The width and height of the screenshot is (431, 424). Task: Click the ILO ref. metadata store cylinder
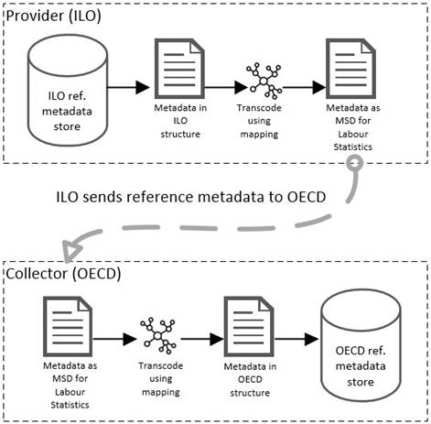pyautogui.click(x=68, y=90)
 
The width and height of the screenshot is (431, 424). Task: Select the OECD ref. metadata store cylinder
pyautogui.click(x=361, y=345)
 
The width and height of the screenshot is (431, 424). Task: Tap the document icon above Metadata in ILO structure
pyautogui.click(x=179, y=69)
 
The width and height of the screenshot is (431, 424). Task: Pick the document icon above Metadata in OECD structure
pyautogui.click(x=249, y=327)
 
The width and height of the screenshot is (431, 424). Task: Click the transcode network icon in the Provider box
pyautogui.click(x=264, y=81)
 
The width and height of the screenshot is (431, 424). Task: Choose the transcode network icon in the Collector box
pyautogui.click(x=157, y=336)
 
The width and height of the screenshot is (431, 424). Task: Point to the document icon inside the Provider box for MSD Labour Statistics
pyautogui.click(x=350, y=69)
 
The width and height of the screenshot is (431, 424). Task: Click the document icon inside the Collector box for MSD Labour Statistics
pyautogui.click(x=68, y=327)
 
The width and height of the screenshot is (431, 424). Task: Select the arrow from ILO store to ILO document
pyautogui.click(x=128, y=87)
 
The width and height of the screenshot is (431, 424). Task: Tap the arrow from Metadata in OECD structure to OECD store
pyautogui.click(x=296, y=339)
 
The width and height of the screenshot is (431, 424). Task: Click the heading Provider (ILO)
pyautogui.click(x=53, y=16)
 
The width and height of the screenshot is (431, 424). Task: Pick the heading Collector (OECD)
pyautogui.click(x=63, y=274)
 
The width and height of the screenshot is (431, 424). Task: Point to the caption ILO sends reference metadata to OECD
pyautogui.click(x=191, y=197)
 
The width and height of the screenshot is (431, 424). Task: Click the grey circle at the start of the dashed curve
pyautogui.click(x=355, y=163)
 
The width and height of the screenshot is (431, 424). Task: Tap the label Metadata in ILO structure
pyautogui.click(x=180, y=121)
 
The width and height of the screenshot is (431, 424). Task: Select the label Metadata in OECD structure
pyautogui.click(x=250, y=379)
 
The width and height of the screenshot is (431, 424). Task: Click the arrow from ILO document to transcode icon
pyautogui.click(x=226, y=87)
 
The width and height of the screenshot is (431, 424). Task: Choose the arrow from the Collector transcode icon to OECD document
pyautogui.click(x=202, y=339)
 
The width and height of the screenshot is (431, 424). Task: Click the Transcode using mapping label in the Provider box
pyautogui.click(x=259, y=121)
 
